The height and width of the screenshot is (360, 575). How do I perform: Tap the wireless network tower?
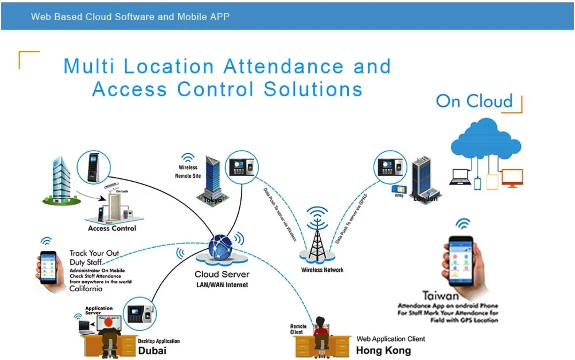317,239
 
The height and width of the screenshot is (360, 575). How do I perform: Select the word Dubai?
152,350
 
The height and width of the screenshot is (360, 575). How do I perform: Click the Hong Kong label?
383,350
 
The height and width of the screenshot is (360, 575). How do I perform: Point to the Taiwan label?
441,296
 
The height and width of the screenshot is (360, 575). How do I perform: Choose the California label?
86,289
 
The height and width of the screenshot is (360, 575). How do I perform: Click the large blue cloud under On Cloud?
486,139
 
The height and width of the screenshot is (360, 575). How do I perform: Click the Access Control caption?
112,229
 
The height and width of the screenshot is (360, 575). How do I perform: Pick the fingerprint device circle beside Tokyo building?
242,167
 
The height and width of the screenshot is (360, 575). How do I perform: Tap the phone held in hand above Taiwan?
461,262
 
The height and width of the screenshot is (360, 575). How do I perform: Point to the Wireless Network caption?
322,270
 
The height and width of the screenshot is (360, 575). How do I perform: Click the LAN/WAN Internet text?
222,285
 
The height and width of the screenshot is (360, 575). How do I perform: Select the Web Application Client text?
390,339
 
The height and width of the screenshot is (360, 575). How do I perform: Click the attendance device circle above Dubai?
140,314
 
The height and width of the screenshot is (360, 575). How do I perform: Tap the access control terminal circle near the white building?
94,167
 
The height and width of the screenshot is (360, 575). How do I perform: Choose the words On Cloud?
474,101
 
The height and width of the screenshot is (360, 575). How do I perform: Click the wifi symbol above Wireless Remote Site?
188,157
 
